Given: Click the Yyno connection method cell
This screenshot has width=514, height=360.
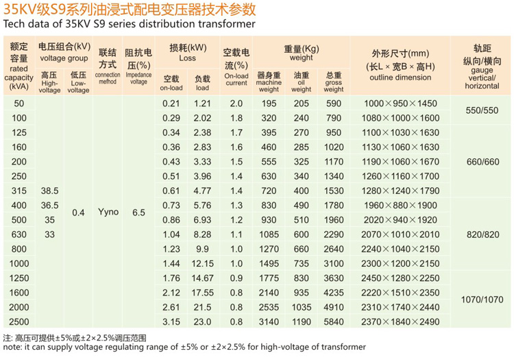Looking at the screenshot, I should click(108, 212).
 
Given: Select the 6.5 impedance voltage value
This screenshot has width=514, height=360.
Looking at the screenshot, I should click(138, 213).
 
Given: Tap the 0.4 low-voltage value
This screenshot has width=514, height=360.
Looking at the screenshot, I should click(78, 213).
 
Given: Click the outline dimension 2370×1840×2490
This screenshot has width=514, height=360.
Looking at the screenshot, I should click(400, 322).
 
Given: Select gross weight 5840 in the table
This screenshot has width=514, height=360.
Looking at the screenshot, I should click(333, 322).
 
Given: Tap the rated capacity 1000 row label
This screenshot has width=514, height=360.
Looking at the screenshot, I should click(19, 263).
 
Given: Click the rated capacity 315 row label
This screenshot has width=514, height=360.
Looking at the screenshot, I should click(19, 190).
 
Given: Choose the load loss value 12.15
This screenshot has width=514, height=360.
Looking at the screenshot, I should click(203, 263).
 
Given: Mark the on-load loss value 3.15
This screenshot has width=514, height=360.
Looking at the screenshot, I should click(171, 322).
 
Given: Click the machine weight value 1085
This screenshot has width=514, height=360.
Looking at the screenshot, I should click(269, 234).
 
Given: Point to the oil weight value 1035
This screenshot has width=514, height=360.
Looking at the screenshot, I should click(302, 307).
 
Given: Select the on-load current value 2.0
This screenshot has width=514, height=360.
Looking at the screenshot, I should click(236, 103).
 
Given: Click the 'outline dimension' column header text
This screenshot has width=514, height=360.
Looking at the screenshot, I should click(400, 77).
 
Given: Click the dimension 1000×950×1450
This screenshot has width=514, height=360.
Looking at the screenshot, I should click(400, 103).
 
